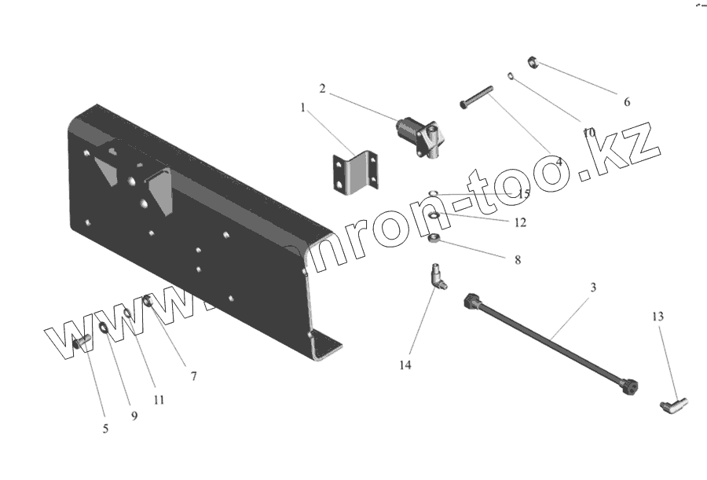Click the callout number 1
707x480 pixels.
coord(303,108)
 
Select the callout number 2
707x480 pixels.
coord(322,87)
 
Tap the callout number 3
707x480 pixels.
coord(593,288)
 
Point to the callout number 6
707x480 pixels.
coord(626,101)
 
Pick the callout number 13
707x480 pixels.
coord(658,317)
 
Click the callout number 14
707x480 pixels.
coord(405,365)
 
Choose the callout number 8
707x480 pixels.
coord(517,258)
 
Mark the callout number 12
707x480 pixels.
coord(520,222)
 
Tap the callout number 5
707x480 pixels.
coord(105,429)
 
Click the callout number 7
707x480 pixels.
coord(193,376)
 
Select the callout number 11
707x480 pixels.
coord(159,399)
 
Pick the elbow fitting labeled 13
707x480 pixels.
coord(672,405)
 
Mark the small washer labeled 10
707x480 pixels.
coord(511,76)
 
